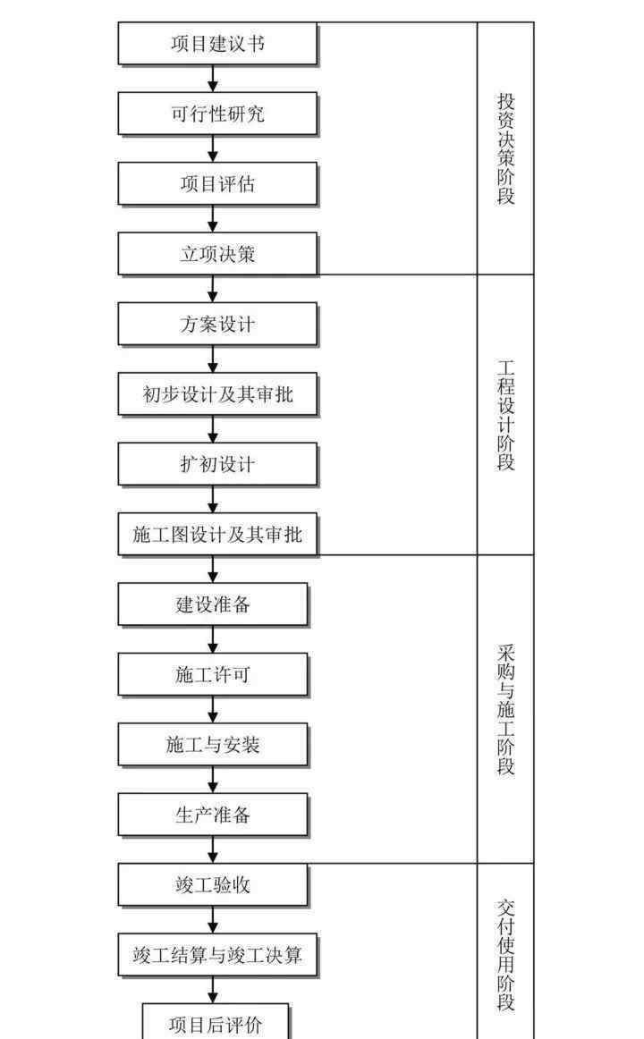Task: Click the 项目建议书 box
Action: click(217, 44)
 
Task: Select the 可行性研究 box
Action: click(217, 114)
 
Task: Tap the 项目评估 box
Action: click(217, 184)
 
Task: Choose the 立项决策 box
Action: click(217, 254)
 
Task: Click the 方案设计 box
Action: click(217, 324)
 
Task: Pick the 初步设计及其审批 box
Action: click(217, 394)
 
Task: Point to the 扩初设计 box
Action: click(217, 464)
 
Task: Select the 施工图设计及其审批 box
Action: click(217, 534)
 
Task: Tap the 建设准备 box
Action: click(213, 604)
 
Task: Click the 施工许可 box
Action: click(213, 674)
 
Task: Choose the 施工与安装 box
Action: click(213, 745)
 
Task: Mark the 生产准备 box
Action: click(213, 815)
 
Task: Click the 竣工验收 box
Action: click(213, 884)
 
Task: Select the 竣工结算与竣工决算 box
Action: click(217, 955)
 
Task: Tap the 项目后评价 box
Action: click(216, 1022)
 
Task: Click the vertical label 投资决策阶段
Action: click(506, 148)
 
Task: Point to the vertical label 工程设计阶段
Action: click(506, 415)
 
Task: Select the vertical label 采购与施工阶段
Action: click(506, 710)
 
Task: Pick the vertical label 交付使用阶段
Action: click(506, 954)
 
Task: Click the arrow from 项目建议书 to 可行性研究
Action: click(213, 79)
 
